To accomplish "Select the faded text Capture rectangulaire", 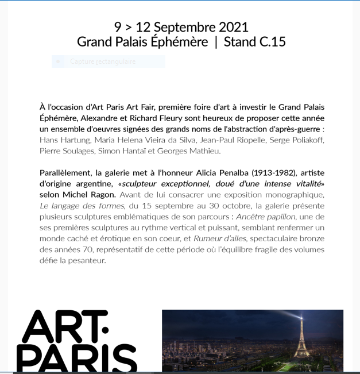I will [103, 61].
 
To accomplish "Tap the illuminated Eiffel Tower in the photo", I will [301, 339].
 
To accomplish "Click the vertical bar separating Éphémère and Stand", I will [216, 42].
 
